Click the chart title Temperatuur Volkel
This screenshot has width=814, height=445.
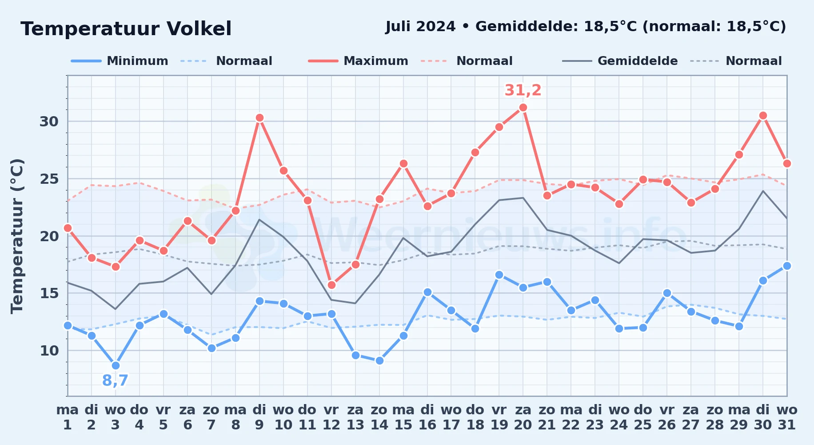point(126,29)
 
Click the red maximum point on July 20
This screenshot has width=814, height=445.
point(523,108)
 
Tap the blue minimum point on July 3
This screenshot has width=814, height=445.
point(116,366)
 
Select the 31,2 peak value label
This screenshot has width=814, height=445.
point(523,90)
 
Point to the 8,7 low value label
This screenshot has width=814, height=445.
point(115,381)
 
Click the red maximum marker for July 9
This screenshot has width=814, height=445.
point(259,118)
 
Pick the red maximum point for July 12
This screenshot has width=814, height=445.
point(331,285)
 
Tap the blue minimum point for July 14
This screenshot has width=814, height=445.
point(379,361)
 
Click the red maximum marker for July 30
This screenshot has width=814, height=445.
point(763,116)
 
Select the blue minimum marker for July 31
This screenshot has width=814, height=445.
point(787,266)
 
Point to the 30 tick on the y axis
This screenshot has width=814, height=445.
point(49,121)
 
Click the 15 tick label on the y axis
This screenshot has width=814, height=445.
point(49,293)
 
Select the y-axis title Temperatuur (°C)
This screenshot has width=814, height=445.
point(17,236)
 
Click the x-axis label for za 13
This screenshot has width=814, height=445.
point(355,417)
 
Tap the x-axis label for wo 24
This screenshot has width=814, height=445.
point(619,417)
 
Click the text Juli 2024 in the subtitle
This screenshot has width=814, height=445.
point(420,27)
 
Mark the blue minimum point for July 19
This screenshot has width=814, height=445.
point(499,275)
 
